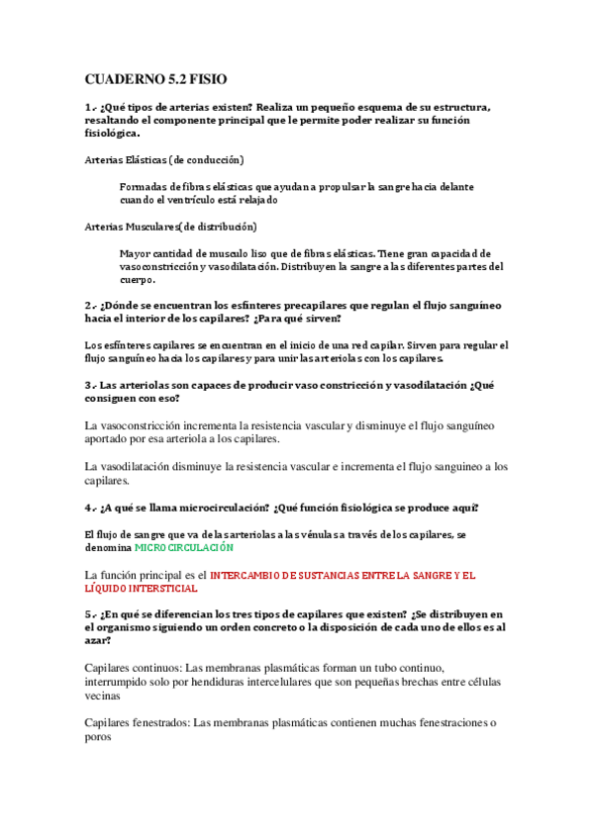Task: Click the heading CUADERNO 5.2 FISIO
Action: tap(155, 78)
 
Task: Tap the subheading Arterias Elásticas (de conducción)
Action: tap(164, 159)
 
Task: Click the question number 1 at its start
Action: tap(89, 107)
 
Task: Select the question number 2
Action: tap(89, 306)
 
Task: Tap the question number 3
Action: tap(89, 384)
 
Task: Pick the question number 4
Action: tap(89, 508)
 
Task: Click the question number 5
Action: tap(89, 614)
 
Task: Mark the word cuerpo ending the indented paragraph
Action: tap(138, 279)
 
